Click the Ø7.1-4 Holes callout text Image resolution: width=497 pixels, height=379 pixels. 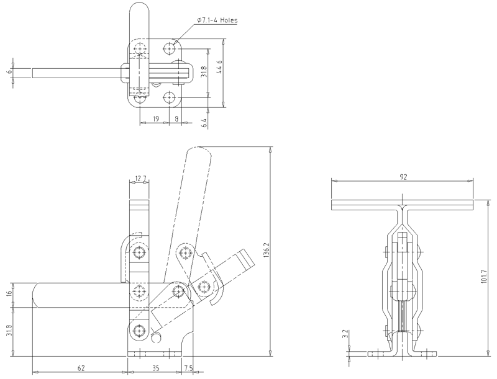pos(217,20)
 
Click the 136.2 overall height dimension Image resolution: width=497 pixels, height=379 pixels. pos(267,251)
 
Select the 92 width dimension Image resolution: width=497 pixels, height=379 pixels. pos(403,177)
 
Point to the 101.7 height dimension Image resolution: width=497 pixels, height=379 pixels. pos(483,277)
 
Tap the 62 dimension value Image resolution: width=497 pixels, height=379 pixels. pos(81,368)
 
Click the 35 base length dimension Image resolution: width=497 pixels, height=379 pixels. pos(156,368)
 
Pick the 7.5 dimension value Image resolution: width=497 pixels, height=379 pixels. pos(188,368)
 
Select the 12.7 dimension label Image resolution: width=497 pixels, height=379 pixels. pos(140,179)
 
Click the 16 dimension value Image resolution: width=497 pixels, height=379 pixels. pos(9,292)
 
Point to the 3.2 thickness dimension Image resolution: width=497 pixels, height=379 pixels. pos(345,334)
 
